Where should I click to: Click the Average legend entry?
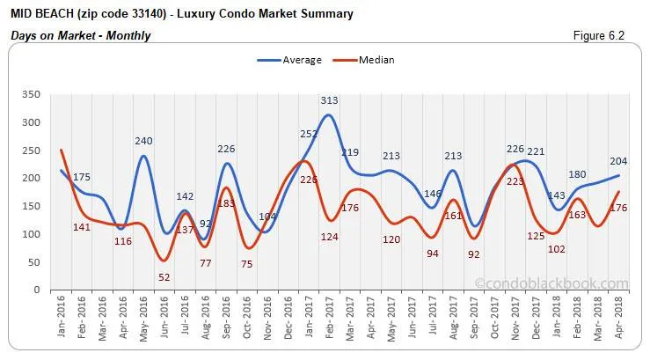(x=289, y=61)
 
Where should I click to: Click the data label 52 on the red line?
(x=164, y=277)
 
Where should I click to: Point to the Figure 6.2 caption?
(x=604, y=35)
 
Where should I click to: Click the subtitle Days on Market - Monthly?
(x=80, y=36)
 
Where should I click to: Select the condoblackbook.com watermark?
(x=551, y=283)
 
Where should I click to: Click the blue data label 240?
(x=144, y=141)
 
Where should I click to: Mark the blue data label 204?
(x=618, y=161)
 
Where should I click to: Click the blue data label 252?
(x=308, y=135)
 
